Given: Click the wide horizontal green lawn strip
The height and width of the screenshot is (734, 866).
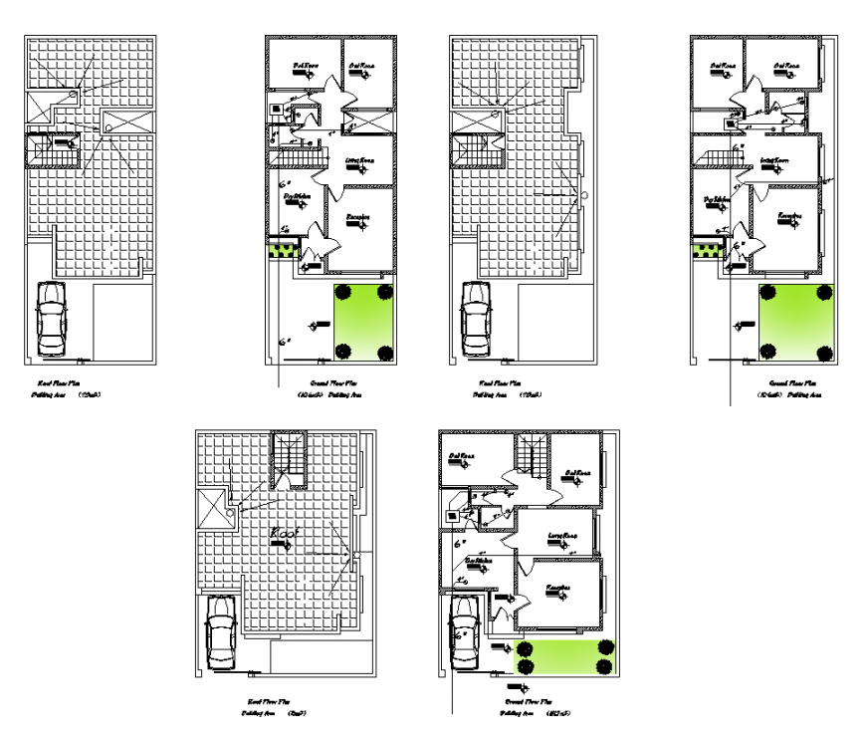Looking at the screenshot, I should (564, 658).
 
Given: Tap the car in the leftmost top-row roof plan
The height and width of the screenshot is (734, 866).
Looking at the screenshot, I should (51, 320).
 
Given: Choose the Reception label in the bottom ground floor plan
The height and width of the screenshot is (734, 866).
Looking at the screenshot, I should (557, 588).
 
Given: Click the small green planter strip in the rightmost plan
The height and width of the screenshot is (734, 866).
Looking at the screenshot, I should (705, 249).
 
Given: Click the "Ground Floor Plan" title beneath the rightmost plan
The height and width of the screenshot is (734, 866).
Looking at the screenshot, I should (792, 382).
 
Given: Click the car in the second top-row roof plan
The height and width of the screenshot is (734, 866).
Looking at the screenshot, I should (478, 320).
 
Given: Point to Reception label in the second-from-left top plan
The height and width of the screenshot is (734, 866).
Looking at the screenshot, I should (358, 216).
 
